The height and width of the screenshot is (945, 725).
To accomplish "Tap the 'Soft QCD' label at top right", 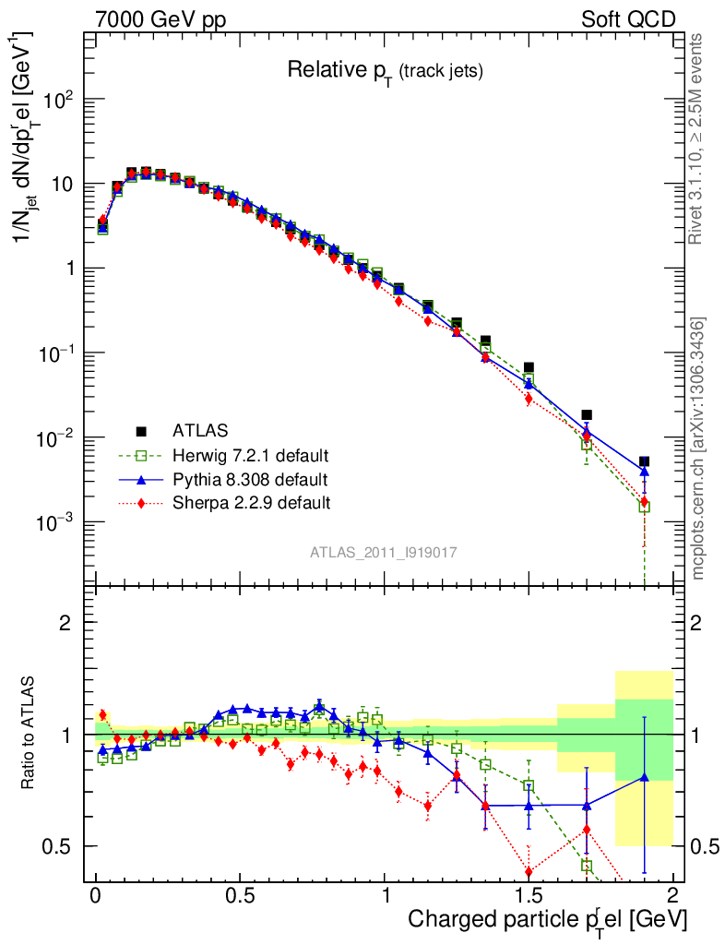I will click(x=628, y=19).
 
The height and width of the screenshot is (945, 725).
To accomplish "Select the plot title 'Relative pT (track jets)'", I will click(x=385, y=70).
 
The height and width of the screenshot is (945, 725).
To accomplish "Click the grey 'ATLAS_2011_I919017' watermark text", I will click(x=384, y=552).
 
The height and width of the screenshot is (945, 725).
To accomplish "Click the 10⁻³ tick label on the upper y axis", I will click(x=57, y=522).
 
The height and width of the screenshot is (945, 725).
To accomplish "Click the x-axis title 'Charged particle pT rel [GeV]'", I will click(x=547, y=919).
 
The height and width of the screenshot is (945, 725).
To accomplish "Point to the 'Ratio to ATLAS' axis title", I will click(x=31, y=734).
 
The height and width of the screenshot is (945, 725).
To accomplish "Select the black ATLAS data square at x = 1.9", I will click(x=645, y=461).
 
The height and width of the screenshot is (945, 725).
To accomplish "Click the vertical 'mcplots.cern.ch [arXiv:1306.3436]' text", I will click(x=699, y=448).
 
